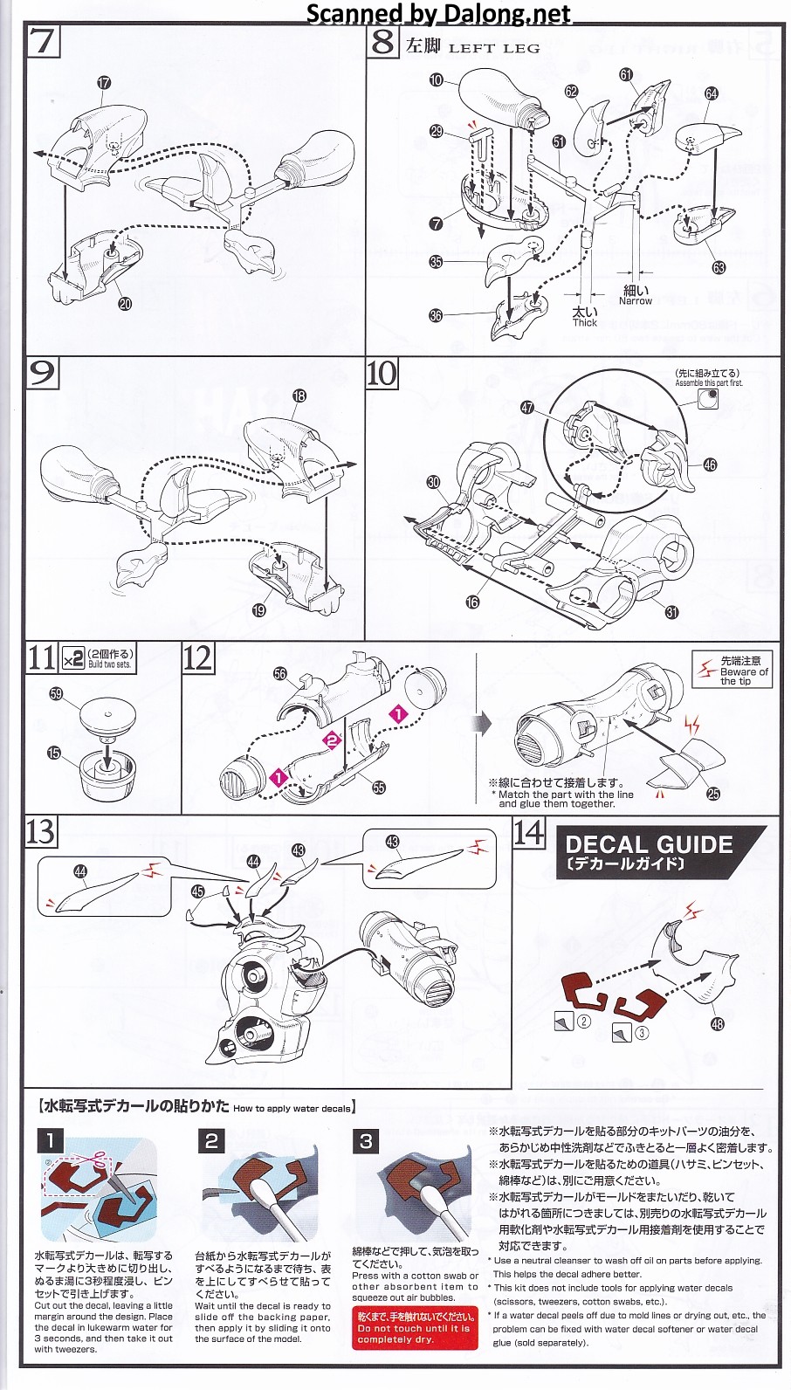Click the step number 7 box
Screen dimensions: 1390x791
tap(42, 41)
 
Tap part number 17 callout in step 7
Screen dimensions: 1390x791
tap(104, 83)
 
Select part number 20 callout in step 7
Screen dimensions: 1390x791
tap(125, 304)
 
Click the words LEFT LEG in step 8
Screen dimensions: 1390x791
tap(494, 48)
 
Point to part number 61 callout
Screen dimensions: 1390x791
tap(626, 75)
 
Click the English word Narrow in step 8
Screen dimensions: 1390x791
tap(635, 301)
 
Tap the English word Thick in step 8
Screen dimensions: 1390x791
tap(585, 323)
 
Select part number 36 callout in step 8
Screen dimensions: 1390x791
tap(436, 316)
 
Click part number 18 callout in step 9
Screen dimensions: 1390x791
tap(299, 396)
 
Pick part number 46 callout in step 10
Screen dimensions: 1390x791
tap(710, 465)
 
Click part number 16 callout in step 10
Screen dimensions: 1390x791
tap(472, 602)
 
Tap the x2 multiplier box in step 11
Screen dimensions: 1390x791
tap(72, 657)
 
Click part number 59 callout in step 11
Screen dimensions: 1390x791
tap(57, 694)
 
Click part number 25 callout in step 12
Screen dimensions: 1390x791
tap(713, 794)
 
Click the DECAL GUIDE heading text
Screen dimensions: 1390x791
tap(649, 845)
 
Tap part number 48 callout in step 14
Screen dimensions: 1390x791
tap(717, 1024)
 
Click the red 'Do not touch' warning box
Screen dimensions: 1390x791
tap(414, 1328)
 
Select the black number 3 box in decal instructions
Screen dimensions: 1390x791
tap(366, 1141)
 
